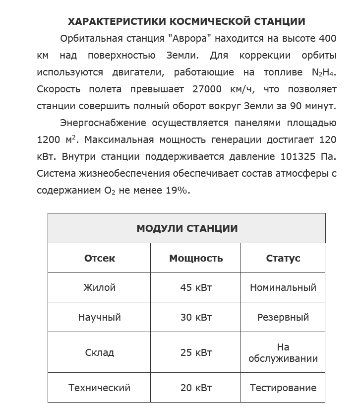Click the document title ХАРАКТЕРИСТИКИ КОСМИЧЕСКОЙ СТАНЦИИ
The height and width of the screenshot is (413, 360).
186,21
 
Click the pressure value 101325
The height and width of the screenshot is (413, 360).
299,157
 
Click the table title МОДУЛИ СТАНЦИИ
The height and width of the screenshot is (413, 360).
186,228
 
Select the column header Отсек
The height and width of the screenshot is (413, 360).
99,258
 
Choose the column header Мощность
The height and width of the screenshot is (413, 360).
196,258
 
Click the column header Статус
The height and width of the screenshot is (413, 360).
283,258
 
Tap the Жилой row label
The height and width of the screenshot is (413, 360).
99,287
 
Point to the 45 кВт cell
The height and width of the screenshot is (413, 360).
196,287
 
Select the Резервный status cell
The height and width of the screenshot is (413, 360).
283,317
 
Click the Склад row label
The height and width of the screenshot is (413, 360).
99,352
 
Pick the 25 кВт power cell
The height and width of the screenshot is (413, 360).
196,352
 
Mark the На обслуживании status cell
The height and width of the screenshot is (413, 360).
283,352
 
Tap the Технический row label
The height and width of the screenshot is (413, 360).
99,388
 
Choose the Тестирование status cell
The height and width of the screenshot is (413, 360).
283,388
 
